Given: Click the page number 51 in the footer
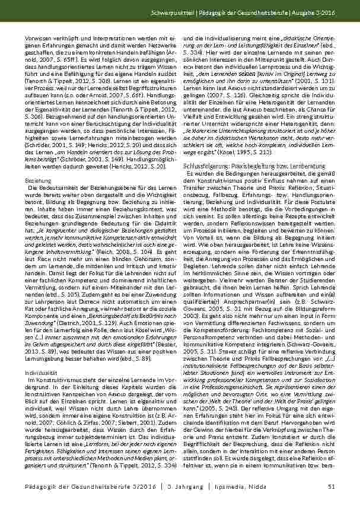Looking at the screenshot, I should pos(332,488).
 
